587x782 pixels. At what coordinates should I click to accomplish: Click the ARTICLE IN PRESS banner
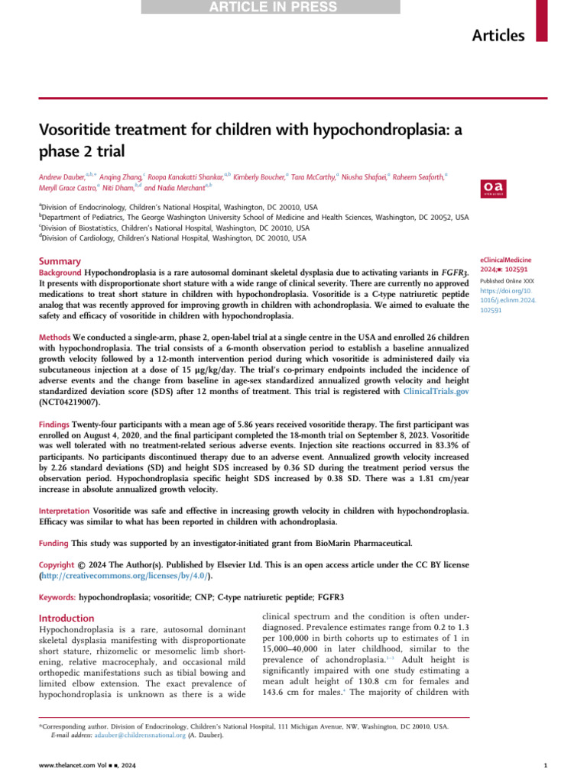click(x=271, y=8)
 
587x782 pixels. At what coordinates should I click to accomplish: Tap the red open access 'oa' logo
click(x=488, y=188)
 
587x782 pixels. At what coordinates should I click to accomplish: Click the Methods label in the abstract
click(x=54, y=338)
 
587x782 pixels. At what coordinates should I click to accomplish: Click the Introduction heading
click(x=66, y=618)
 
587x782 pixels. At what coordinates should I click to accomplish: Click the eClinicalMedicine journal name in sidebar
click(x=504, y=261)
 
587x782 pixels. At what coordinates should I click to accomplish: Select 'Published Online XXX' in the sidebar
click(x=504, y=281)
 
